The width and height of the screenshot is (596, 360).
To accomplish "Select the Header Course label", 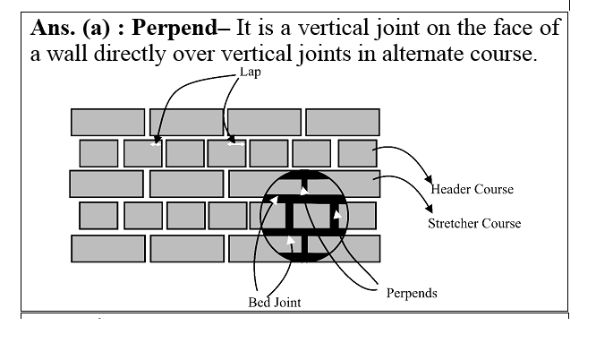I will [472, 190].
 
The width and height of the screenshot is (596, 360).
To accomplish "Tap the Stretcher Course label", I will [473, 223].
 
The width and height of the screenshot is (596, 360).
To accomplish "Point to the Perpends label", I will [412, 293].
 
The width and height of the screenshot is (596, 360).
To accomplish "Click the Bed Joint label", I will [274, 303].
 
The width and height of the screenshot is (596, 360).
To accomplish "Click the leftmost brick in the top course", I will [107, 122].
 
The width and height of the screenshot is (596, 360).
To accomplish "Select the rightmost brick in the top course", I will [342, 122].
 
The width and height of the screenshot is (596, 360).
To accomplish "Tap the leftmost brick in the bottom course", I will [108, 248].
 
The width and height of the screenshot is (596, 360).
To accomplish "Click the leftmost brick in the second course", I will [98, 153].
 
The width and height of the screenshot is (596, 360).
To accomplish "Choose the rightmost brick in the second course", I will [357, 153].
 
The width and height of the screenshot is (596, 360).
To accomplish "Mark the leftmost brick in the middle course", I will [106, 184].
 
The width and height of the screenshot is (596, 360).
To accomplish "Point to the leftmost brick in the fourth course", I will [98, 215].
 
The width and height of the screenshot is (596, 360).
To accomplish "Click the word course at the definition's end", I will [506, 54].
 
